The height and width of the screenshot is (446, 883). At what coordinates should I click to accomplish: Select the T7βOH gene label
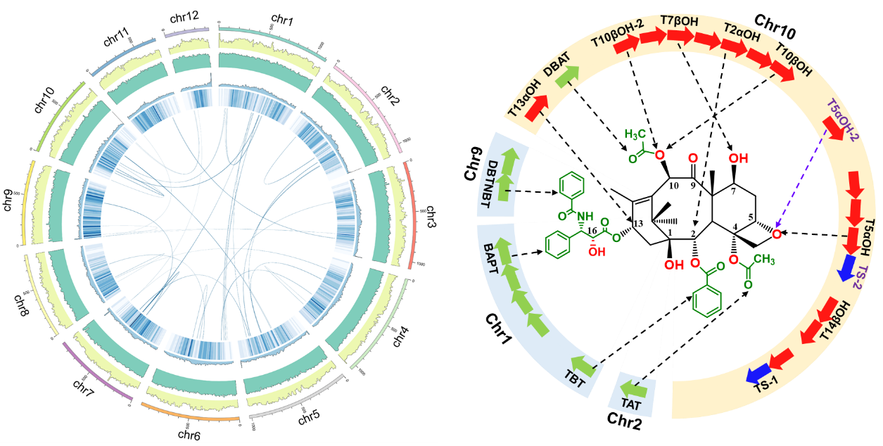pos(680,21)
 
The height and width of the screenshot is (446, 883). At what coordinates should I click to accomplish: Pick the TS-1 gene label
pos(768,383)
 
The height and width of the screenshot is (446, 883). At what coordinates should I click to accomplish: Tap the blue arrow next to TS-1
pos(757,371)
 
